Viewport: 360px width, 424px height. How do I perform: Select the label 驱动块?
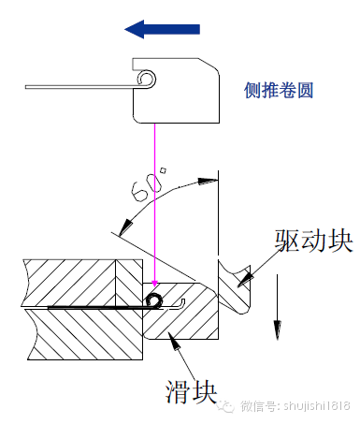313,241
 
